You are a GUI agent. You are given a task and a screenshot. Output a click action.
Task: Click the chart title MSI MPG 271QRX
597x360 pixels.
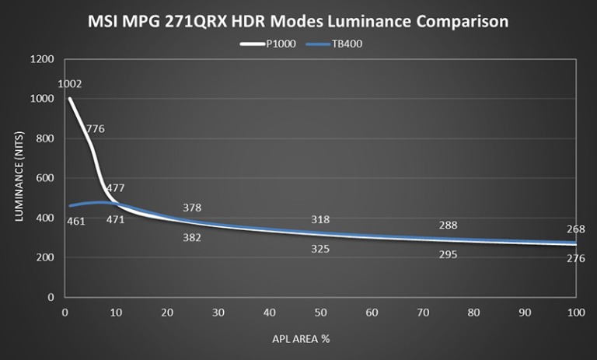click(298, 22)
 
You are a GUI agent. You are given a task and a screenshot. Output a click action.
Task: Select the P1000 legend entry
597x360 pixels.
click(268, 44)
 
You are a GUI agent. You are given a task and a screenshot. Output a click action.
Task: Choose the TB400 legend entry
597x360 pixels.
click(334, 44)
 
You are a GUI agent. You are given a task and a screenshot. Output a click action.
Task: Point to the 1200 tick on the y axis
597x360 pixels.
click(43, 59)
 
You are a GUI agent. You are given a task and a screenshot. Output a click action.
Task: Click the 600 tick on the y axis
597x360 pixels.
click(46, 178)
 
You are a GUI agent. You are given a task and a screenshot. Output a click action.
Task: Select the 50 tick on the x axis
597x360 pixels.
click(320, 312)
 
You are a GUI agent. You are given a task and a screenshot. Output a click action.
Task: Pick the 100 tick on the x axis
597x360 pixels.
click(575, 312)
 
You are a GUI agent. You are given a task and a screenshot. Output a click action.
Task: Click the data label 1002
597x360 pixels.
click(70, 84)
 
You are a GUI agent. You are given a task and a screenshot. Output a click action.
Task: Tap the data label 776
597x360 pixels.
click(95, 129)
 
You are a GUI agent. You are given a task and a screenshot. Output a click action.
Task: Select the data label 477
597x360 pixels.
click(115, 188)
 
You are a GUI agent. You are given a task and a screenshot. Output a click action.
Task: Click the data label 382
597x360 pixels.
click(192, 237)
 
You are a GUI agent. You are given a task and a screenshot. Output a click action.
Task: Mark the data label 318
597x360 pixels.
click(320, 220)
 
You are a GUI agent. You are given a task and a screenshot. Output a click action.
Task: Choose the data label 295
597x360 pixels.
click(448, 254)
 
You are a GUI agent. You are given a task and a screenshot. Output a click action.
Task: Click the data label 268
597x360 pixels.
click(576, 229)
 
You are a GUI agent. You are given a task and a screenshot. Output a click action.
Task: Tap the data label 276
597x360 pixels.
click(576, 258)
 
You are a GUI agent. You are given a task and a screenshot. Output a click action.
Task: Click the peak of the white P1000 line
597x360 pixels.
click(70, 99)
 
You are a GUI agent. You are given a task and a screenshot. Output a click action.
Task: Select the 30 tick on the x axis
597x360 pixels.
click(218, 312)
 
